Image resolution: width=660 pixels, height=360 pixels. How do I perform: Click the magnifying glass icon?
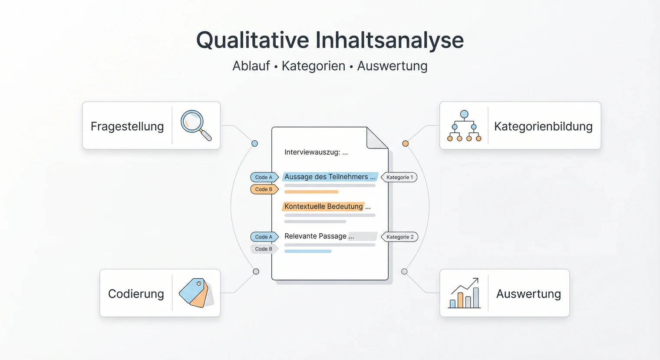click(x=195, y=125)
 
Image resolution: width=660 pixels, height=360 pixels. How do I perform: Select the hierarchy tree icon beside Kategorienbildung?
click(x=464, y=126)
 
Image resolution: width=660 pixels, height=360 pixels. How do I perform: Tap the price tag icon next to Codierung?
click(x=196, y=293)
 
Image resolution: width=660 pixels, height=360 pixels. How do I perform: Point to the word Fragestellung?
click(x=127, y=126)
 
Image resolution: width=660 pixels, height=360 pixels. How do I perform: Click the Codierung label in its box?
click(x=136, y=294)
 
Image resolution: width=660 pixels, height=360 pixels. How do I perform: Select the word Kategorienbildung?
click(x=543, y=126)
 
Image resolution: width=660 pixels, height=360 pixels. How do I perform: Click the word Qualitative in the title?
click(x=252, y=40)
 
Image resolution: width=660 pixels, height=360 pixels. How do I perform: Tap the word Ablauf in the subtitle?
click(x=251, y=66)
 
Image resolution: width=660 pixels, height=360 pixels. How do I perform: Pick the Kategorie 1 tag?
click(x=399, y=177)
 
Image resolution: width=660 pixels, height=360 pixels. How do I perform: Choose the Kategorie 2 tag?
click(x=400, y=237)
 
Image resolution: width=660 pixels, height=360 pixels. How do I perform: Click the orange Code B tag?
click(x=264, y=189)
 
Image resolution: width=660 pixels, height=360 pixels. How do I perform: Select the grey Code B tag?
click(x=264, y=249)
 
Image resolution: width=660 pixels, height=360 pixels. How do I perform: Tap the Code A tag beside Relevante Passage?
click(x=264, y=237)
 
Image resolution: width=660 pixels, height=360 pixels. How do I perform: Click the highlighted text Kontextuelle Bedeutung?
click(x=323, y=207)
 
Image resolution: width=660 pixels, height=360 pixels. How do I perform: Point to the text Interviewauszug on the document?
click(x=312, y=152)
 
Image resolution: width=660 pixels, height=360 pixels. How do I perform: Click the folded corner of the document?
click(x=376, y=138)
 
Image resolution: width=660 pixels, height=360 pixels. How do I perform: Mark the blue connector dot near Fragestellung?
click(x=255, y=144)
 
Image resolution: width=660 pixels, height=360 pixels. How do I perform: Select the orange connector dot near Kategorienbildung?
click(x=405, y=144)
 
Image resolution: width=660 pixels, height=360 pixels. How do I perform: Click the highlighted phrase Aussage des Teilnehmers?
click(x=326, y=177)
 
